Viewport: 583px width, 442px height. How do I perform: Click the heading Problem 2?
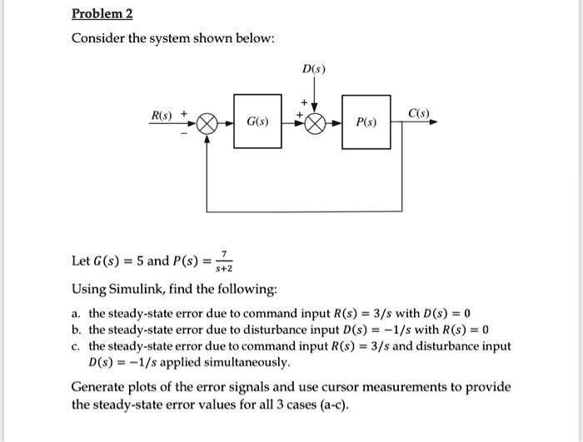102,14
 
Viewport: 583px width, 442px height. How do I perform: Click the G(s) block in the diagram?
257,122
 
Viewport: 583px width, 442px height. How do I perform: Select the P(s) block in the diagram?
366,123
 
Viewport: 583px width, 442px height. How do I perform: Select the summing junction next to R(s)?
207,123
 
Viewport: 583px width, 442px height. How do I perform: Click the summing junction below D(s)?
315,123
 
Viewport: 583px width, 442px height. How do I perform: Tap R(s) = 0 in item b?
470,330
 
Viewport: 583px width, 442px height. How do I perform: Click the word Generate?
99,387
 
